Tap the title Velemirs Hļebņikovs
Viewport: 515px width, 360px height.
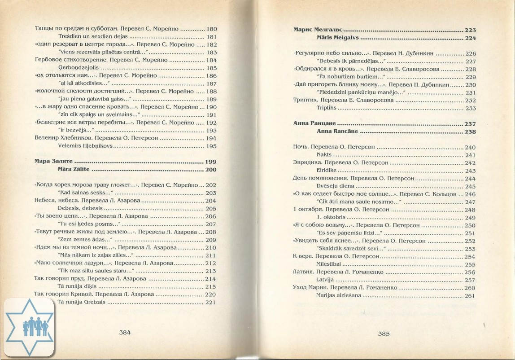pyautogui.click(x=86, y=146)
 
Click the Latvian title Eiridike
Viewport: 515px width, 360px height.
pyautogui.click(x=327, y=171)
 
